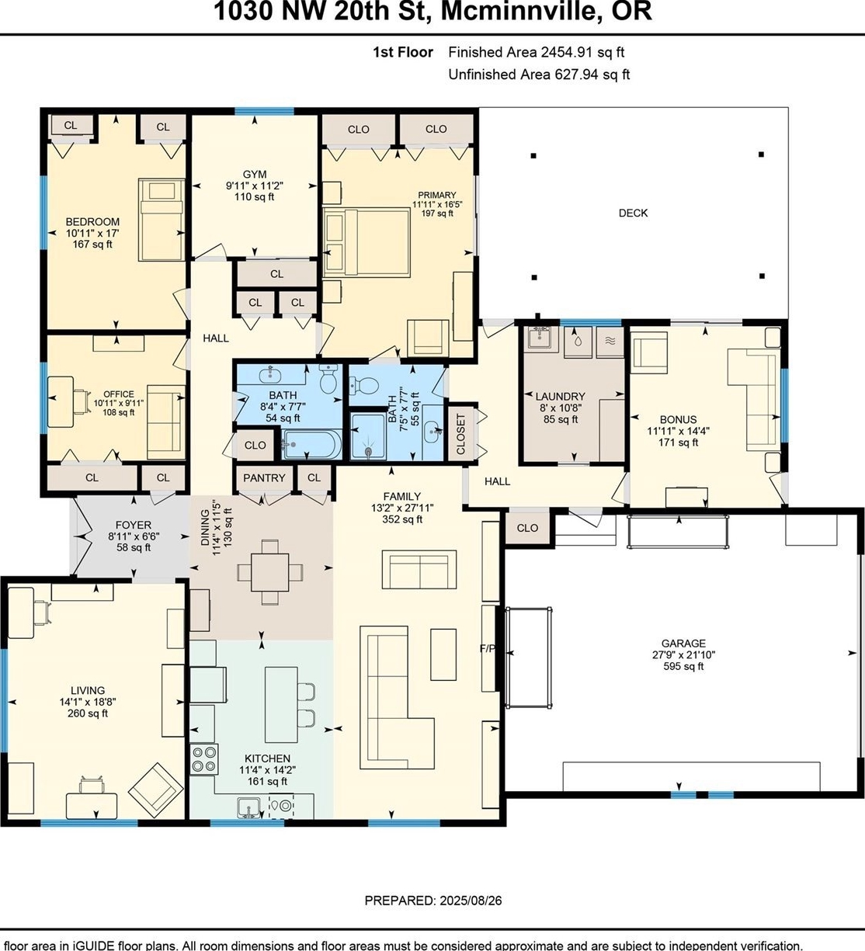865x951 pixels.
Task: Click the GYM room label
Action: [255, 174]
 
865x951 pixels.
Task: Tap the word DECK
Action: [633, 213]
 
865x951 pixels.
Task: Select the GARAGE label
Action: [683, 644]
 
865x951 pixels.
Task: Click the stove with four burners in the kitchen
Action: [204, 759]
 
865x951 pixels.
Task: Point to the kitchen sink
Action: [248, 807]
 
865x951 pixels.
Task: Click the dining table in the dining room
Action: [270, 571]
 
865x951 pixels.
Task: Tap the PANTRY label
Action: [264, 478]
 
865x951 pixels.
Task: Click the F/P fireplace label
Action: [487, 648]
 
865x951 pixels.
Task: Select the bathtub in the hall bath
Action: [311, 444]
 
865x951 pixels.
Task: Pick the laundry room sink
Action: [541, 338]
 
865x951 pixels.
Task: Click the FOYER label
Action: [134, 525]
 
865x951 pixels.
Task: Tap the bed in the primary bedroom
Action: [366, 242]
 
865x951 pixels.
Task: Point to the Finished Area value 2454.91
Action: [567, 52]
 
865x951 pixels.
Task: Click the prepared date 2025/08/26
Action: [471, 901]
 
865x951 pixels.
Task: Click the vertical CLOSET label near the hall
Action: [460, 434]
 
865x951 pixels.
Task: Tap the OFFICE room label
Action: [119, 394]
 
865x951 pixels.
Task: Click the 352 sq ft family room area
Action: [402, 519]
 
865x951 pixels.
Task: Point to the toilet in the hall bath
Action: [328, 380]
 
